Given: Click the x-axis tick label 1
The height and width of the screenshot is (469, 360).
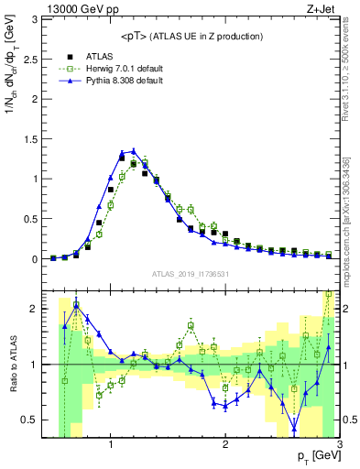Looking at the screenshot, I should coord(111,445).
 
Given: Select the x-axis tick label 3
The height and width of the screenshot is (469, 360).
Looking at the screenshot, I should coord(339,445).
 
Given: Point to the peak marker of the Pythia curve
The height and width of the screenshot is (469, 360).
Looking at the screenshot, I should coord(133,151).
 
